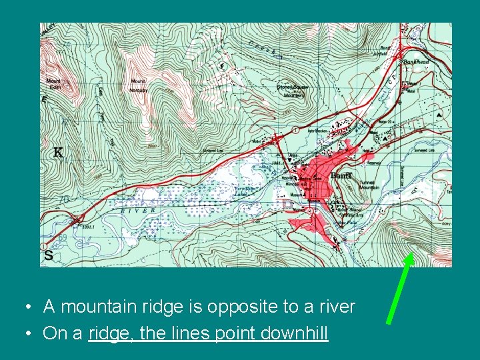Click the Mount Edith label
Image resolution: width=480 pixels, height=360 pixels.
click(53, 84)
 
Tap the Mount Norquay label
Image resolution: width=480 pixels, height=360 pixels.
click(138, 84)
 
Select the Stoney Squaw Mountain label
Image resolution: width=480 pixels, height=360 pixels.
click(291, 91)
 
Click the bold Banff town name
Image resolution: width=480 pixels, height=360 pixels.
click(341, 175)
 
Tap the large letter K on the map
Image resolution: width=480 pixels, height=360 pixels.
click(59, 153)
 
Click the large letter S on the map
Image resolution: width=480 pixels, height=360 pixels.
click(48, 255)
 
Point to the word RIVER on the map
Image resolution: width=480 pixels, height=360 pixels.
click(138, 210)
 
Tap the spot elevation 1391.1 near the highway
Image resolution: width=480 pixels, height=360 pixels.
click(89, 227)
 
